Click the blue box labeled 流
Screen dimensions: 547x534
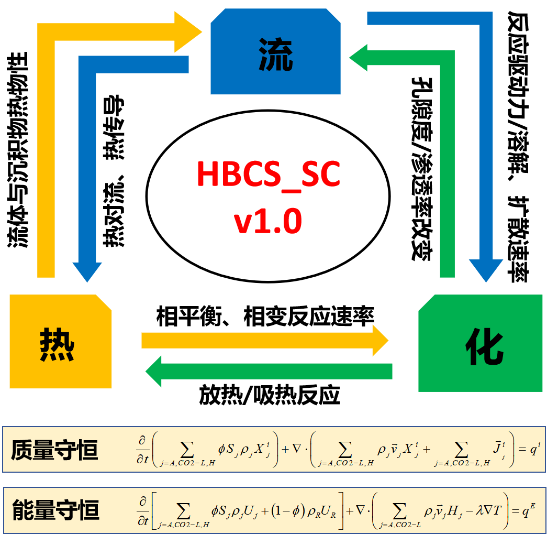[275, 51]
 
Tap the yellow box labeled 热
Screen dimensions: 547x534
[61, 341]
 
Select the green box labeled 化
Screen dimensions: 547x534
[481, 343]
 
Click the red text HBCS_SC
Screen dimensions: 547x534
[269, 174]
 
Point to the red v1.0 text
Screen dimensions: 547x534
[267, 221]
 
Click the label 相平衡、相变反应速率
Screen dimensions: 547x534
[265, 317]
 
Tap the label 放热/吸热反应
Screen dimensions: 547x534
[270, 395]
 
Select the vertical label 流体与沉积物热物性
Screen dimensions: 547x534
[17, 150]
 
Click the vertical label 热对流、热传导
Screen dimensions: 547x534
[114, 171]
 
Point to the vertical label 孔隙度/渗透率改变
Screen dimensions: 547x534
[422, 169]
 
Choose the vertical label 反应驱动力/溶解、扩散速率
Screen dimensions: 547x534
[518, 146]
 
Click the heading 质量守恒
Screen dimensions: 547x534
[54, 450]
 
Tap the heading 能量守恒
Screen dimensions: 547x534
[56, 510]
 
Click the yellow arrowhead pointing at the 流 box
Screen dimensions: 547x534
[188, 32]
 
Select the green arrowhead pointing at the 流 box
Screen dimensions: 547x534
[358, 58]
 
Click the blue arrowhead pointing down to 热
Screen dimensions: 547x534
[87, 272]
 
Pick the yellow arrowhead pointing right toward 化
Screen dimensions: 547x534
[381, 341]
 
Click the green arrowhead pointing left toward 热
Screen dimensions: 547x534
[153, 371]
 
